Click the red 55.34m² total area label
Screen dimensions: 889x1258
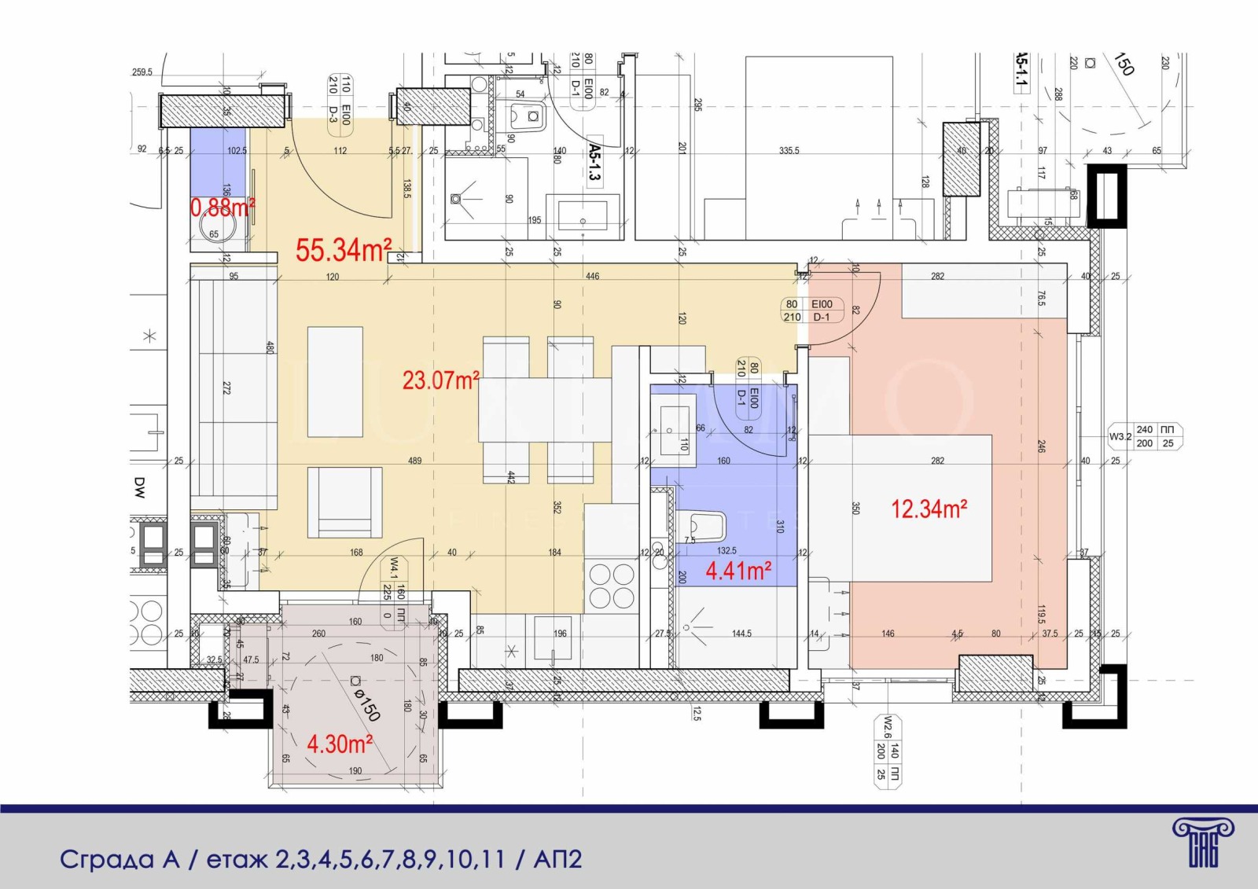[343, 251]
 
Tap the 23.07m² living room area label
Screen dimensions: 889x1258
[440, 380]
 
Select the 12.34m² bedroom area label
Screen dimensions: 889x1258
[929, 509]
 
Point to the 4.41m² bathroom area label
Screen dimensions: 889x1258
[738, 570]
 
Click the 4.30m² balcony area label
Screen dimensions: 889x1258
[339, 744]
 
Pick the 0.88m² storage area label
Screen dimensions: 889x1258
[223, 208]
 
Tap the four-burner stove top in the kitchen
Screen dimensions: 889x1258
[612, 586]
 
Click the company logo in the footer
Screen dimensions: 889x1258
[1202, 842]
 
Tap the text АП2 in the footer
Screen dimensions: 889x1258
[557, 859]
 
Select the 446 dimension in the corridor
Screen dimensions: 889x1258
[592, 276]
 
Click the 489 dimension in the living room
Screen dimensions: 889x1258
[414, 461]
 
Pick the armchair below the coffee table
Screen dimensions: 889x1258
[344, 502]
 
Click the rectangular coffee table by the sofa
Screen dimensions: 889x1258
[335, 382]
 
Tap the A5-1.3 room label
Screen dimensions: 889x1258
[594, 161]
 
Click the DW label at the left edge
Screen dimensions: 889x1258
[139, 487]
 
